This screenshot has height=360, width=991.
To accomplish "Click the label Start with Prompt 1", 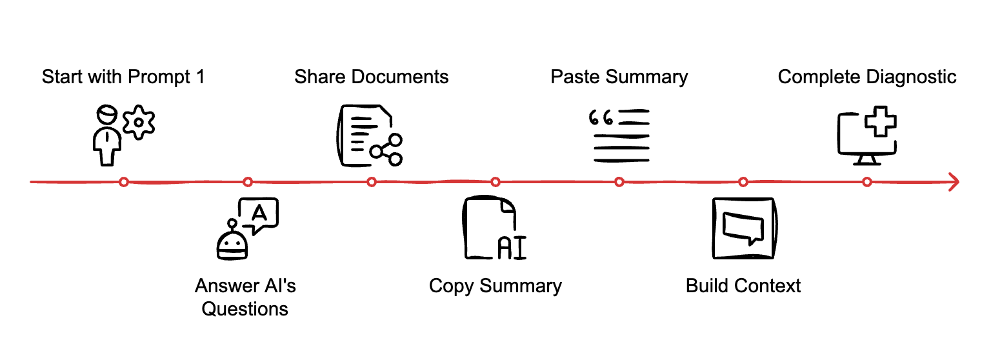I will coord(123,77).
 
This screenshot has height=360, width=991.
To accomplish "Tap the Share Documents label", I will coord(371,77).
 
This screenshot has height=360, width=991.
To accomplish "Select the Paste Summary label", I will coord(619,77).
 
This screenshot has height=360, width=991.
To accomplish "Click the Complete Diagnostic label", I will coord(866,77).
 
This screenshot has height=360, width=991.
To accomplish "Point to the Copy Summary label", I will coord(495,285).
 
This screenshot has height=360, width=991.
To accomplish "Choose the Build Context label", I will coord(743,285).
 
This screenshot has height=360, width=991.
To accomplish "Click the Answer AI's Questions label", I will coord(245,297).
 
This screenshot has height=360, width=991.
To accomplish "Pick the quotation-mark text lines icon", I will coord(619,135).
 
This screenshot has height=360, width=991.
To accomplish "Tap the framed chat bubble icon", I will coord(744,228).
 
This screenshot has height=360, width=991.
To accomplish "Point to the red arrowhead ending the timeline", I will coord(952,182).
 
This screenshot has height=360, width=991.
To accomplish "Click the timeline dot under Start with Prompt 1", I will coord(124,182).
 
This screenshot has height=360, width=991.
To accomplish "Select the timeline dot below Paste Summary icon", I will coord(619,182).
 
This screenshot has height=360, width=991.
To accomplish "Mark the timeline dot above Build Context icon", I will coord(743,182).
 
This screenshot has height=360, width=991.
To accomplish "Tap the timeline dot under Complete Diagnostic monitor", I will coord(867,182).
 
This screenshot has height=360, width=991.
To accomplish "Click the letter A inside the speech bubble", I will coord(259,212).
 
